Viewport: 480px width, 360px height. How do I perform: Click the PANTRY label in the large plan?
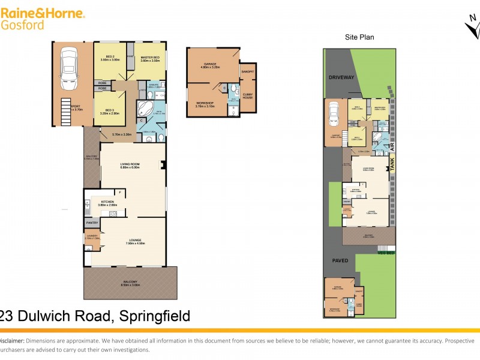92,222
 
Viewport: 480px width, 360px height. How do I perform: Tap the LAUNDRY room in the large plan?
92,238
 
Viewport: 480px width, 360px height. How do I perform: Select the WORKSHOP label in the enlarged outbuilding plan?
205,103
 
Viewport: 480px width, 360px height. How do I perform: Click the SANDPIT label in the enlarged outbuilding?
247,71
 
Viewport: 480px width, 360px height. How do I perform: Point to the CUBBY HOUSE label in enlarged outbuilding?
247,95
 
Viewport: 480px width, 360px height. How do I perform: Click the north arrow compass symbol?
472,27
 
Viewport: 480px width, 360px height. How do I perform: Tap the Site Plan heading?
359,37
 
